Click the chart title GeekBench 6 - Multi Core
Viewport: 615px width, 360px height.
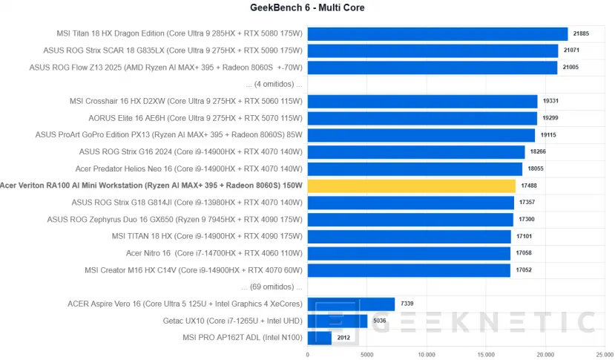pyautogui.click(x=307, y=8)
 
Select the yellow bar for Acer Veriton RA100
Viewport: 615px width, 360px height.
pyautogui.click(x=411, y=186)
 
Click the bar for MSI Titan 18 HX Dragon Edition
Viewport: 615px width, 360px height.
pyautogui.click(x=437, y=33)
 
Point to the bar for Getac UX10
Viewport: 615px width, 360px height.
pyautogui.click(x=337, y=321)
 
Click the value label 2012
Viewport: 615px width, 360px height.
pyautogui.click(x=344, y=338)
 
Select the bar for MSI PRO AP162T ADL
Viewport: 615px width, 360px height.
pyautogui.click(x=319, y=338)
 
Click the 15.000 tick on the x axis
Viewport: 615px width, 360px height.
pyautogui.click(x=486, y=354)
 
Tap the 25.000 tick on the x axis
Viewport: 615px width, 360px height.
pyautogui.click(x=605, y=354)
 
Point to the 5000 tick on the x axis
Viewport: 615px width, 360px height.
pyautogui.click(x=366, y=354)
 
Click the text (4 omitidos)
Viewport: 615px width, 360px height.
pyautogui.click(x=272, y=84)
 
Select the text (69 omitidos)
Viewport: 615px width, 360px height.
pyautogui.click(x=271, y=287)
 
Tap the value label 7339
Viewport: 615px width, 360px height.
pyautogui.click(x=407, y=304)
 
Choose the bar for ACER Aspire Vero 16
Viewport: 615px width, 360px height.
pyautogui.click(x=351, y=304)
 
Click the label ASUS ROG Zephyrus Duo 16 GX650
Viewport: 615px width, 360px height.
pyautogui.click(x=175, y=219)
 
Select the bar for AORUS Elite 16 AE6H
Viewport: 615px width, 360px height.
pyautogui.click(x=421, y=118)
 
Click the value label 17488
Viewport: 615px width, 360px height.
pyautogui.click(x=528, y=186)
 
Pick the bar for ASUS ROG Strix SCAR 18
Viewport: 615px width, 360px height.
pyautogui.click(x=433, y=50)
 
